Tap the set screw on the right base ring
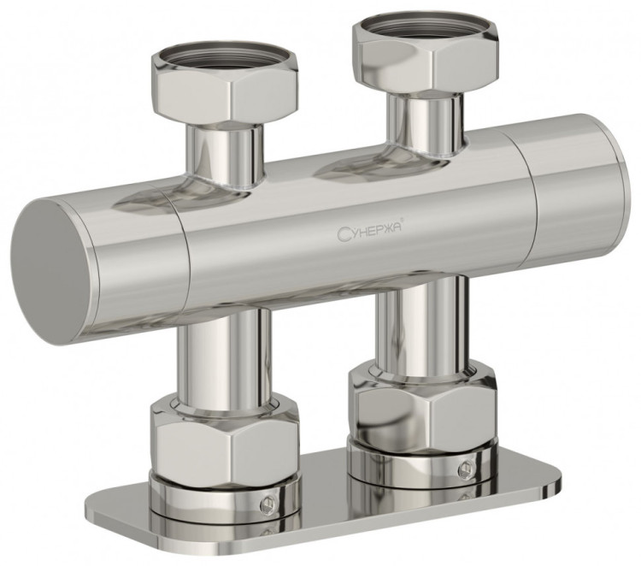pyautogui.click(x=464, y=467)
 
